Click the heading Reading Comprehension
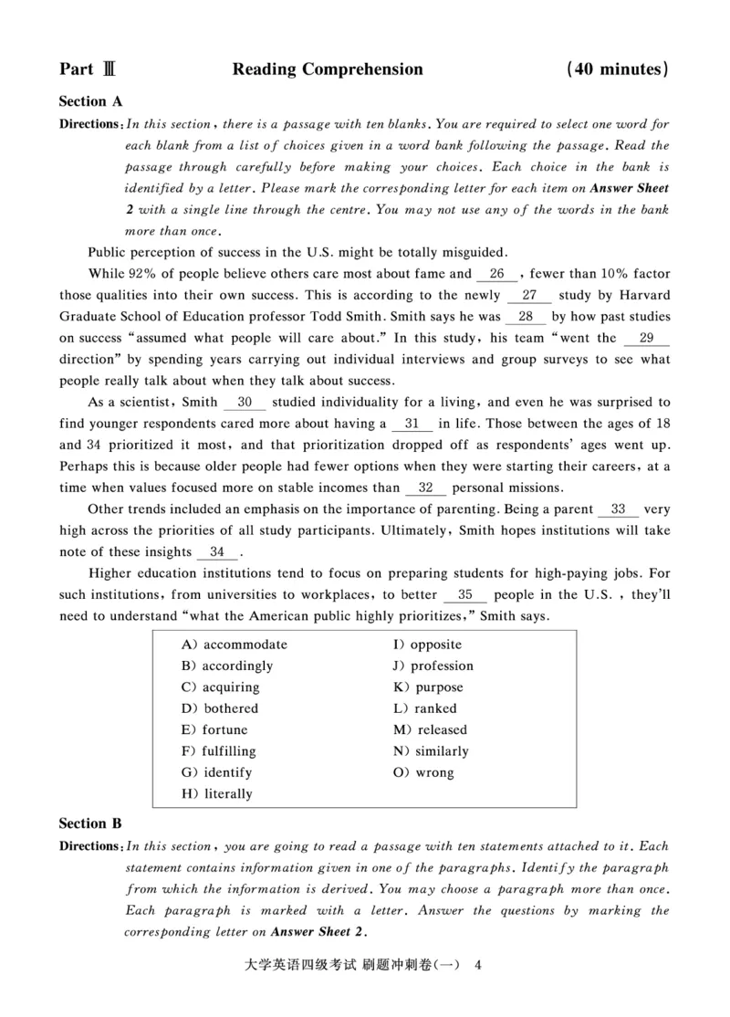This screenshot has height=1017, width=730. click(328, 69)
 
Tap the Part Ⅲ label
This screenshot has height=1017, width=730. click(87, 69)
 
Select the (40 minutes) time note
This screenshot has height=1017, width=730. click(617, 69)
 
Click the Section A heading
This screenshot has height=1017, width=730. click(90, 101)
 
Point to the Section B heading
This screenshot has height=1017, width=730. click(90, 823)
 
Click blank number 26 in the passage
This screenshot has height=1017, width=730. click(497, 273)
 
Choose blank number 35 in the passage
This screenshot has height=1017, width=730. click(465, 595)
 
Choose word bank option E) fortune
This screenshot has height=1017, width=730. click(214, 729)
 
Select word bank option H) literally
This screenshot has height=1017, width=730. click(217, 794)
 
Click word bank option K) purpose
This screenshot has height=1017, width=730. click(428, 687)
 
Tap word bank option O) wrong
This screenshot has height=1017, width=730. click(423, 772)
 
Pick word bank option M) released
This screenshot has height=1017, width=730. click(430, 729)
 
